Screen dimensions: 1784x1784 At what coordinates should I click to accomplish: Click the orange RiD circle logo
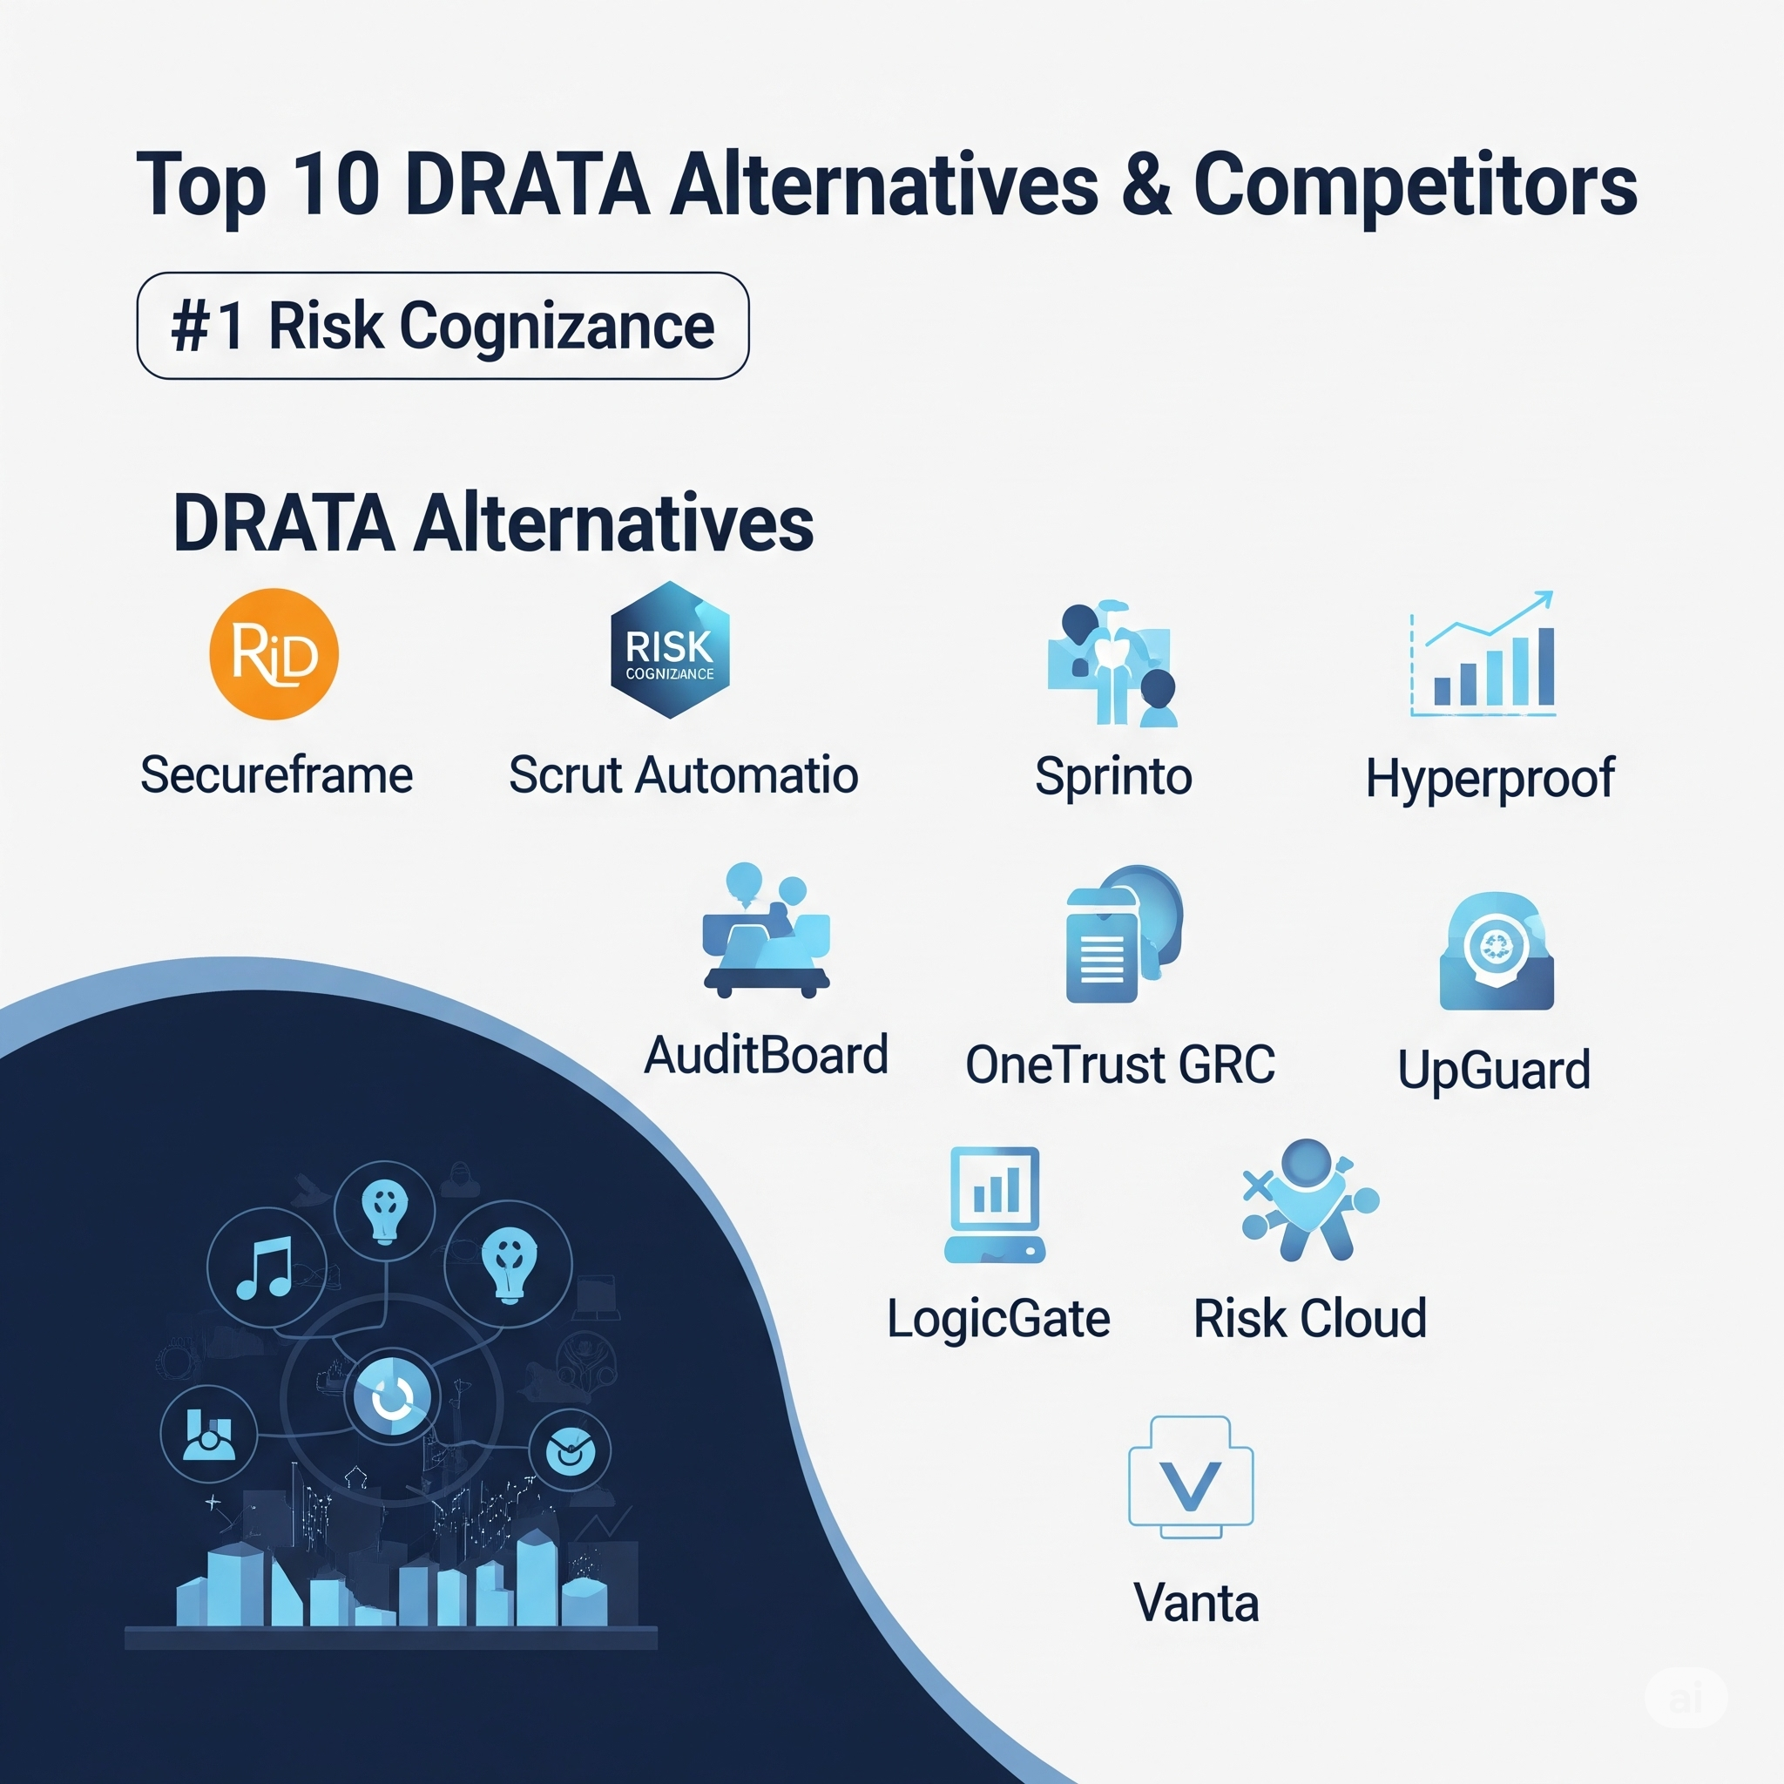(x=274, y=654)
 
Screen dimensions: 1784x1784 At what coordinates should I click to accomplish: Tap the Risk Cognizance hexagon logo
(x=671, y=649)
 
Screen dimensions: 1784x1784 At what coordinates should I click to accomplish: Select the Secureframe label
(x=276, y=774)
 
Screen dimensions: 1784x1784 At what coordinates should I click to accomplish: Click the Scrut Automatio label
(x=683, y=774)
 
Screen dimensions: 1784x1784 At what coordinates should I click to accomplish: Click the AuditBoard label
(x=766, y=1056)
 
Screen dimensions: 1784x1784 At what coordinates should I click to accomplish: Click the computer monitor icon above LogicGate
(x=995, y=1205)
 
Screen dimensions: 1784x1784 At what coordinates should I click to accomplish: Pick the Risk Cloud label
(x=1310, y=1318)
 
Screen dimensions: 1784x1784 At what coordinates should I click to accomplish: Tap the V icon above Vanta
(x=1190, y=1477)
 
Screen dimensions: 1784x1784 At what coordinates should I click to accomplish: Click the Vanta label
(x=1196, y=1603)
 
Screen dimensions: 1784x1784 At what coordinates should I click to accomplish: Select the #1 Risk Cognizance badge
(x=443, y=326)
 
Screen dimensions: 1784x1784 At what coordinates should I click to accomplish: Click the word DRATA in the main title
(x=527, y=185)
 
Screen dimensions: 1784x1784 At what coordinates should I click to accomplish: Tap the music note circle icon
(x=267, y=1267)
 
